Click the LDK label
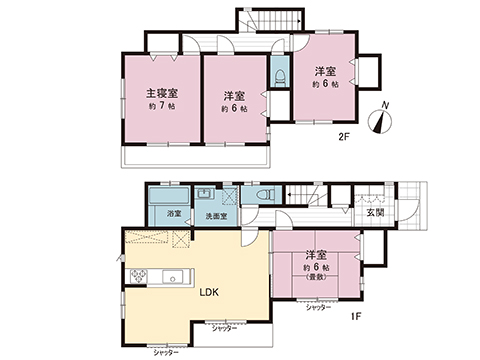pos(207,294)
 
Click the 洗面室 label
pos(216,216)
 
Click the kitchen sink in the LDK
pos(172,275)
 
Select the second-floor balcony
pos(196,156)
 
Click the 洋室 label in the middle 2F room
pos(234,96)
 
